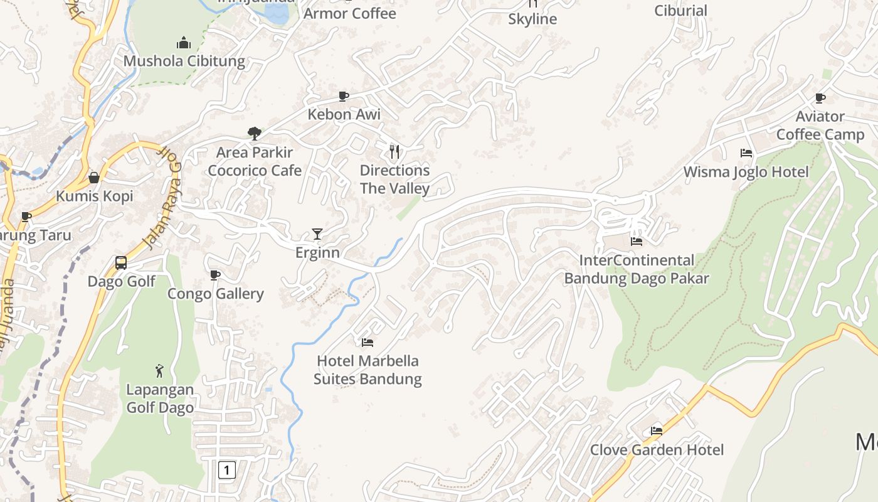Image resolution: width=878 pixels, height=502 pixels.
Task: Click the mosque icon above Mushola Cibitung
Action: point(183,43)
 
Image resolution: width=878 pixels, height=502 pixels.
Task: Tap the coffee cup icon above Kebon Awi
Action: point(344,96)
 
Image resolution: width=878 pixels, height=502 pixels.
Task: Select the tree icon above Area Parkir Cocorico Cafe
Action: point(254,133)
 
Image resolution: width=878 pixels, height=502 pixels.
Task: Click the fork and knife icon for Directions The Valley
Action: point(394,151)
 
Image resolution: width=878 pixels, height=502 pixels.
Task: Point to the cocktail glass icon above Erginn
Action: point(317,234)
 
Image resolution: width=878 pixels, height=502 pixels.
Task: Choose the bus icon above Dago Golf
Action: point(121,263)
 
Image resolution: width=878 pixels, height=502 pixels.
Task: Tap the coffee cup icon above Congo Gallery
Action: point(215,275)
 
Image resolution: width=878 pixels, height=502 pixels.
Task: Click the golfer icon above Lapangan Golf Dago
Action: point(159,371)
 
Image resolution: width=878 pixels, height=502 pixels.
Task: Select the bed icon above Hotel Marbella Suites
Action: point(368,342)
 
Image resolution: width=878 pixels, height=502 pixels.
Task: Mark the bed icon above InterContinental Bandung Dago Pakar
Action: point(637,242)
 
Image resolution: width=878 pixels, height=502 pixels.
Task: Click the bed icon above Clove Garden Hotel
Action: point(657,430)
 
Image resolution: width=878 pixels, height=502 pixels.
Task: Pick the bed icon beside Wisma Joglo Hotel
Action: point(746,152)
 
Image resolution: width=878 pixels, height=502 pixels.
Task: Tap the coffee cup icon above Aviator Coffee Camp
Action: point(820,98)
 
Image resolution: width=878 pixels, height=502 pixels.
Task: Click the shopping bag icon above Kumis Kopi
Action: point(94,178)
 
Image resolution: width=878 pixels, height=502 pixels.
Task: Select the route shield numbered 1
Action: point(227,469)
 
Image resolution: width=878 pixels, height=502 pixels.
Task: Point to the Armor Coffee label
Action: point(350,13)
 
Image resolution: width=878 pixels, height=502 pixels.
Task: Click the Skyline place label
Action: point(532,19)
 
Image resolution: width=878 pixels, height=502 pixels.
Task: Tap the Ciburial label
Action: point(680,11)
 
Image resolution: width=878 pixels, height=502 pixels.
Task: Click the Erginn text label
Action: point(317,252)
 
